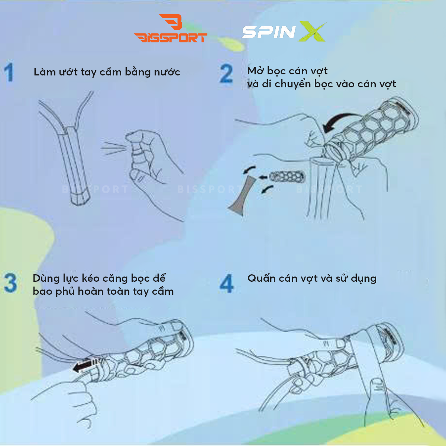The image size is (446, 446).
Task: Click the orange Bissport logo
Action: tap(171, 30)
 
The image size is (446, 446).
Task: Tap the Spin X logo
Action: tap(284, 32)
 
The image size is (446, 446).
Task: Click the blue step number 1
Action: tap(9, 72)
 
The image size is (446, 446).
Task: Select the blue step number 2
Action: tap(226, 74)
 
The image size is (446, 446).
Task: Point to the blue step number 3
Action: tap(10, 283)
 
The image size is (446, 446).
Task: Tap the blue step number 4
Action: tap(226, 284)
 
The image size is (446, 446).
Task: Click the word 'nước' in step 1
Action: tap(167, 72)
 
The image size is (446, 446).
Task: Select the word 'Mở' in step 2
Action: tap(255, 71)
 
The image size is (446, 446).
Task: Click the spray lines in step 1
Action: tap(113, 148)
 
